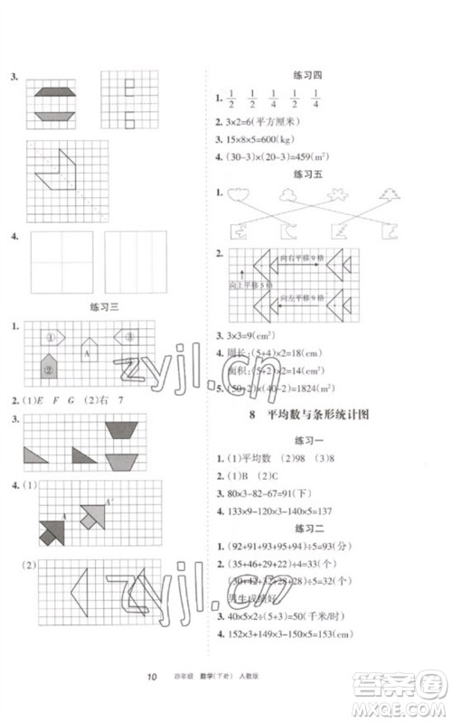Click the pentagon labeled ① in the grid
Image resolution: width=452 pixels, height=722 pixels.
(53, 338)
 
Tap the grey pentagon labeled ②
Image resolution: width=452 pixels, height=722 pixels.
(49, 366)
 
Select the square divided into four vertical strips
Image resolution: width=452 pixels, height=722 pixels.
(135, 261)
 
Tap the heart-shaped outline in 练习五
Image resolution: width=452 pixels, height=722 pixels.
(240, 194)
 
